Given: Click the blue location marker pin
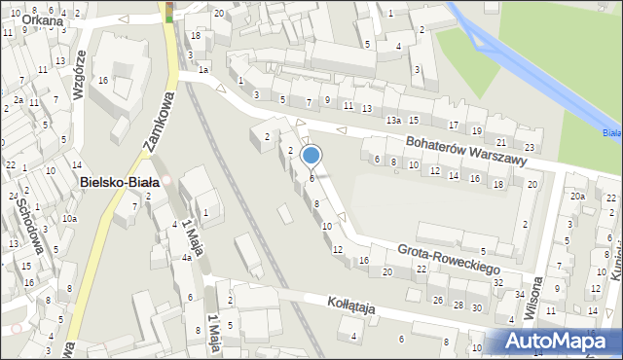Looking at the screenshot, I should click(x=311, y=155).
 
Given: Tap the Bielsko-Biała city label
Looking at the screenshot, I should click(x=122, y=182).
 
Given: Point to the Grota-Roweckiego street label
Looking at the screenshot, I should click(x=449, y=257).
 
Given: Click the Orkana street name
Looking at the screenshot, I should click(x=26, y=19).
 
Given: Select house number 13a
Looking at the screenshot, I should click(x=392, y=120).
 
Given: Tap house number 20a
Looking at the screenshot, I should click(x=577, y=197).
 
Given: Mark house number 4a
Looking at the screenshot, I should click(x=186, y=259).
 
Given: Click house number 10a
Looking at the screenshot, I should click(x=69, y=219).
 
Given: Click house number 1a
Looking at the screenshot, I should click(x=203, y=70).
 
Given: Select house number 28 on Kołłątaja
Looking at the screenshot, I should click(x=458, y=306).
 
